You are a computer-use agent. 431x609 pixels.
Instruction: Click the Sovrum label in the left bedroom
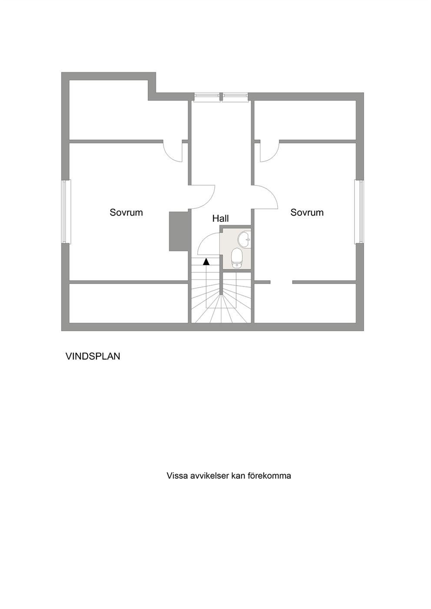(126, 212)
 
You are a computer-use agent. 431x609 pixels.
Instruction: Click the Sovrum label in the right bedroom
(307, 212)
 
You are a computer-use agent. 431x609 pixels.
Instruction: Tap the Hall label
(220, 218)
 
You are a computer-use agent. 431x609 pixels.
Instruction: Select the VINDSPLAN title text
(93, 356)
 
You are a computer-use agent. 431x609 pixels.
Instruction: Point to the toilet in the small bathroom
(236, 258)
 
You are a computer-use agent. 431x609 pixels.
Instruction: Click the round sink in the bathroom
(244, 239)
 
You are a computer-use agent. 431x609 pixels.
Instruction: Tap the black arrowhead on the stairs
(206, 262)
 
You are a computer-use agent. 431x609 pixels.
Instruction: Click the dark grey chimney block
(179, 231)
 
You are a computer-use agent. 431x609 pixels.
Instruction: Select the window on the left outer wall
(66, 211)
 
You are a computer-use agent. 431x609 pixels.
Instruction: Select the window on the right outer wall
(359, 211)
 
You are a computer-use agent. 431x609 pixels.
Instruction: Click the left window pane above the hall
(207, 97)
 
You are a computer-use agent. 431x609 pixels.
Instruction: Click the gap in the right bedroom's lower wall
(282, 282)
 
